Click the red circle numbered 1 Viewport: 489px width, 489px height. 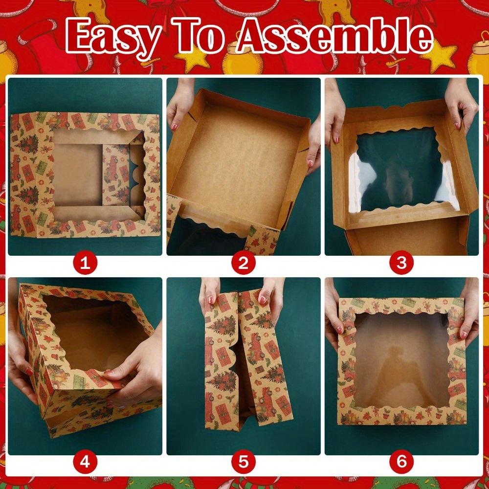click(x=86, y=264)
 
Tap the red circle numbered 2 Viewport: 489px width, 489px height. click(x=244, y=264)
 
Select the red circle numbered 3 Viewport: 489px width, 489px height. click(x=401, y=264)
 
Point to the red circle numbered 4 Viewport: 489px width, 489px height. click(x=86, y=461)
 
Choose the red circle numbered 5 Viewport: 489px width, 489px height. click(x=244, y=461)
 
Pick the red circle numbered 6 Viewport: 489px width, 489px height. click(x=401, y=461)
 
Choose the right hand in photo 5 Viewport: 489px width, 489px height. click(x=269, y=293)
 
